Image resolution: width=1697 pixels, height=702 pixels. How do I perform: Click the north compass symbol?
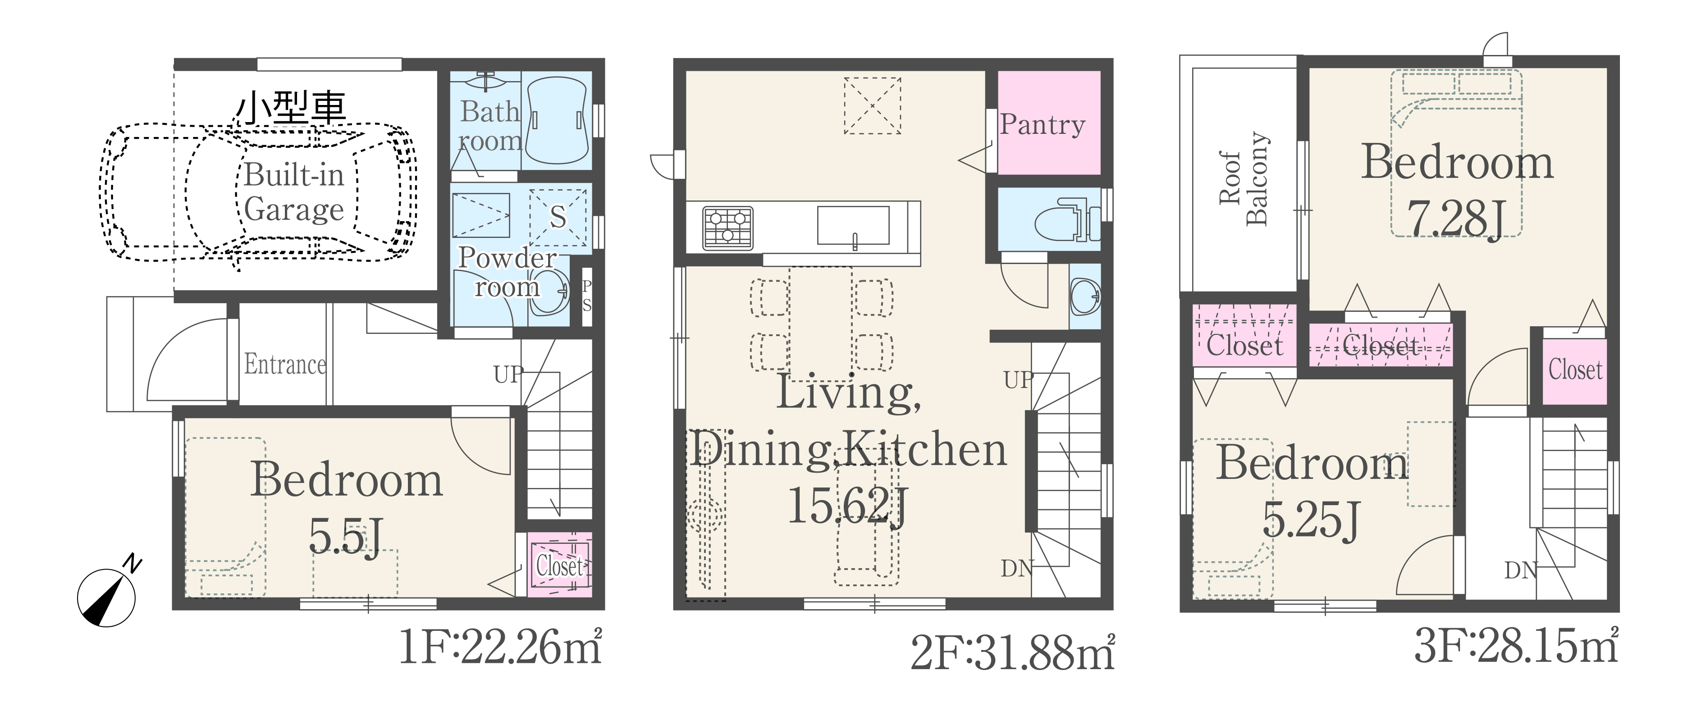[x=107, y=595]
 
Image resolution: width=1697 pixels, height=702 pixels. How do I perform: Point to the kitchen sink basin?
[x=854, y=225]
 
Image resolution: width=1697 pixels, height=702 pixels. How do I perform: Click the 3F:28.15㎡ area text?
[x=1517, y=646]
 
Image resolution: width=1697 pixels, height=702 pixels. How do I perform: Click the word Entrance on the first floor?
[x=285, y=364]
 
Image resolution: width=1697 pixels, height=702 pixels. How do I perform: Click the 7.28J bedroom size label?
[x=1457, y=219]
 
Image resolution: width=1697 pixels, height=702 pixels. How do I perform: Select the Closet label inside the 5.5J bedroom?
[x=559, y=565]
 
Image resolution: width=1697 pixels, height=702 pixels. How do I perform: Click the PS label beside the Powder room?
[x=586, y=296]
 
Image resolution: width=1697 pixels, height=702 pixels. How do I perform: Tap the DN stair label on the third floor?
[x=1520, y=570]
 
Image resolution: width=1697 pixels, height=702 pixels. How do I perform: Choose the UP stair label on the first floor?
[x=508, y=375]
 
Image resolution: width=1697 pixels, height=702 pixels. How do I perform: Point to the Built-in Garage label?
[x=294, y=192]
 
